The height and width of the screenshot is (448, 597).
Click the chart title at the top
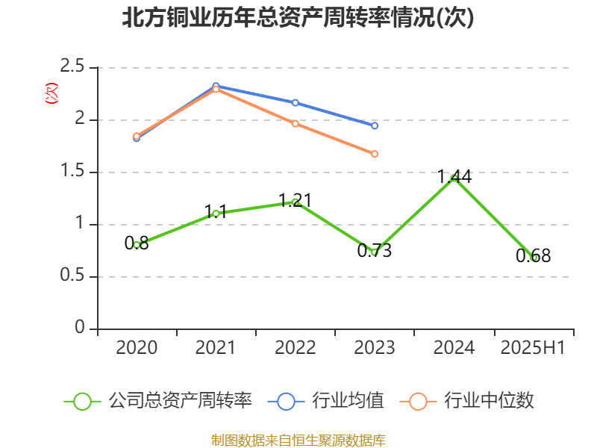298,18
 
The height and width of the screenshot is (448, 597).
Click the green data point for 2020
137,245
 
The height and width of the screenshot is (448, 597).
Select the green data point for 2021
216,214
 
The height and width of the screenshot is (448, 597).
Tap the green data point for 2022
296,202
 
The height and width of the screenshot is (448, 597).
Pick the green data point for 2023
375,252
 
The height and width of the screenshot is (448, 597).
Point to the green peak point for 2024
454,178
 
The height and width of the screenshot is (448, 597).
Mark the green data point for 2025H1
534,258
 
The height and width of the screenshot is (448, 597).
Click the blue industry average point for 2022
296,102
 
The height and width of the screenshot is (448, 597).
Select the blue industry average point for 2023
375,125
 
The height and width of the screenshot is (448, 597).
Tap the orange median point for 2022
296,123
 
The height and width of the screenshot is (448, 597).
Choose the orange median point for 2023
375,154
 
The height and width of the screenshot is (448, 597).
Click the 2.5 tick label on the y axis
73,68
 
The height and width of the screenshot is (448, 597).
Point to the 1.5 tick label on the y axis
73,172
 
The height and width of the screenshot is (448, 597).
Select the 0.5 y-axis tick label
73,277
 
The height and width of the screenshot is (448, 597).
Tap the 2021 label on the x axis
216,348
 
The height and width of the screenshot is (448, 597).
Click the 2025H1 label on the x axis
533,348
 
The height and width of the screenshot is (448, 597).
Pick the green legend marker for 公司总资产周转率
83,401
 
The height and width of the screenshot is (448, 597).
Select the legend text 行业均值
348,401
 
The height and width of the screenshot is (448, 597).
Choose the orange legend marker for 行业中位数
418,401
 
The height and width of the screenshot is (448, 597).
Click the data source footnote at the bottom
298,440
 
